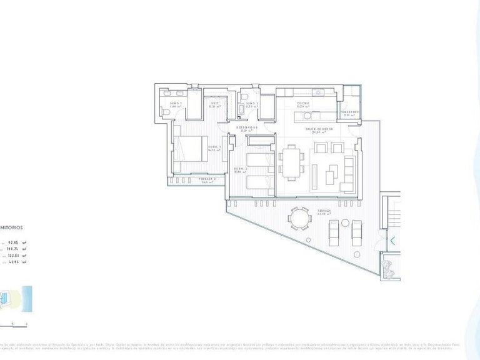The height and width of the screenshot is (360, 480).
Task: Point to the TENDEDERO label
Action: pyautogui.click(x=349, y=112)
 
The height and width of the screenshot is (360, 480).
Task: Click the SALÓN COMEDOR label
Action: pyautogui.click(x=319, y=129)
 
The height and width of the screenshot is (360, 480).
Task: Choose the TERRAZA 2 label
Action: pyautogui.click(x=207, y=180)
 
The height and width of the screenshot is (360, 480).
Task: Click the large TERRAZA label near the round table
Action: pyautogui.click(x=324, y=211)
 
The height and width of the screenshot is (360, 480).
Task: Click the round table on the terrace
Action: pyautogui.click(x=299, y=220)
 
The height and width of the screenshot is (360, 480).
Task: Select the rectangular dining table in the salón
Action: pyautogui.click(x=291, y=162)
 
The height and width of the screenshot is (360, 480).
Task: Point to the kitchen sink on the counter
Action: pyautogui.click(x=318, y=93)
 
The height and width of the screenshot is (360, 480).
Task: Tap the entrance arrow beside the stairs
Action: pyautogui.click(x=392, y=240)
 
